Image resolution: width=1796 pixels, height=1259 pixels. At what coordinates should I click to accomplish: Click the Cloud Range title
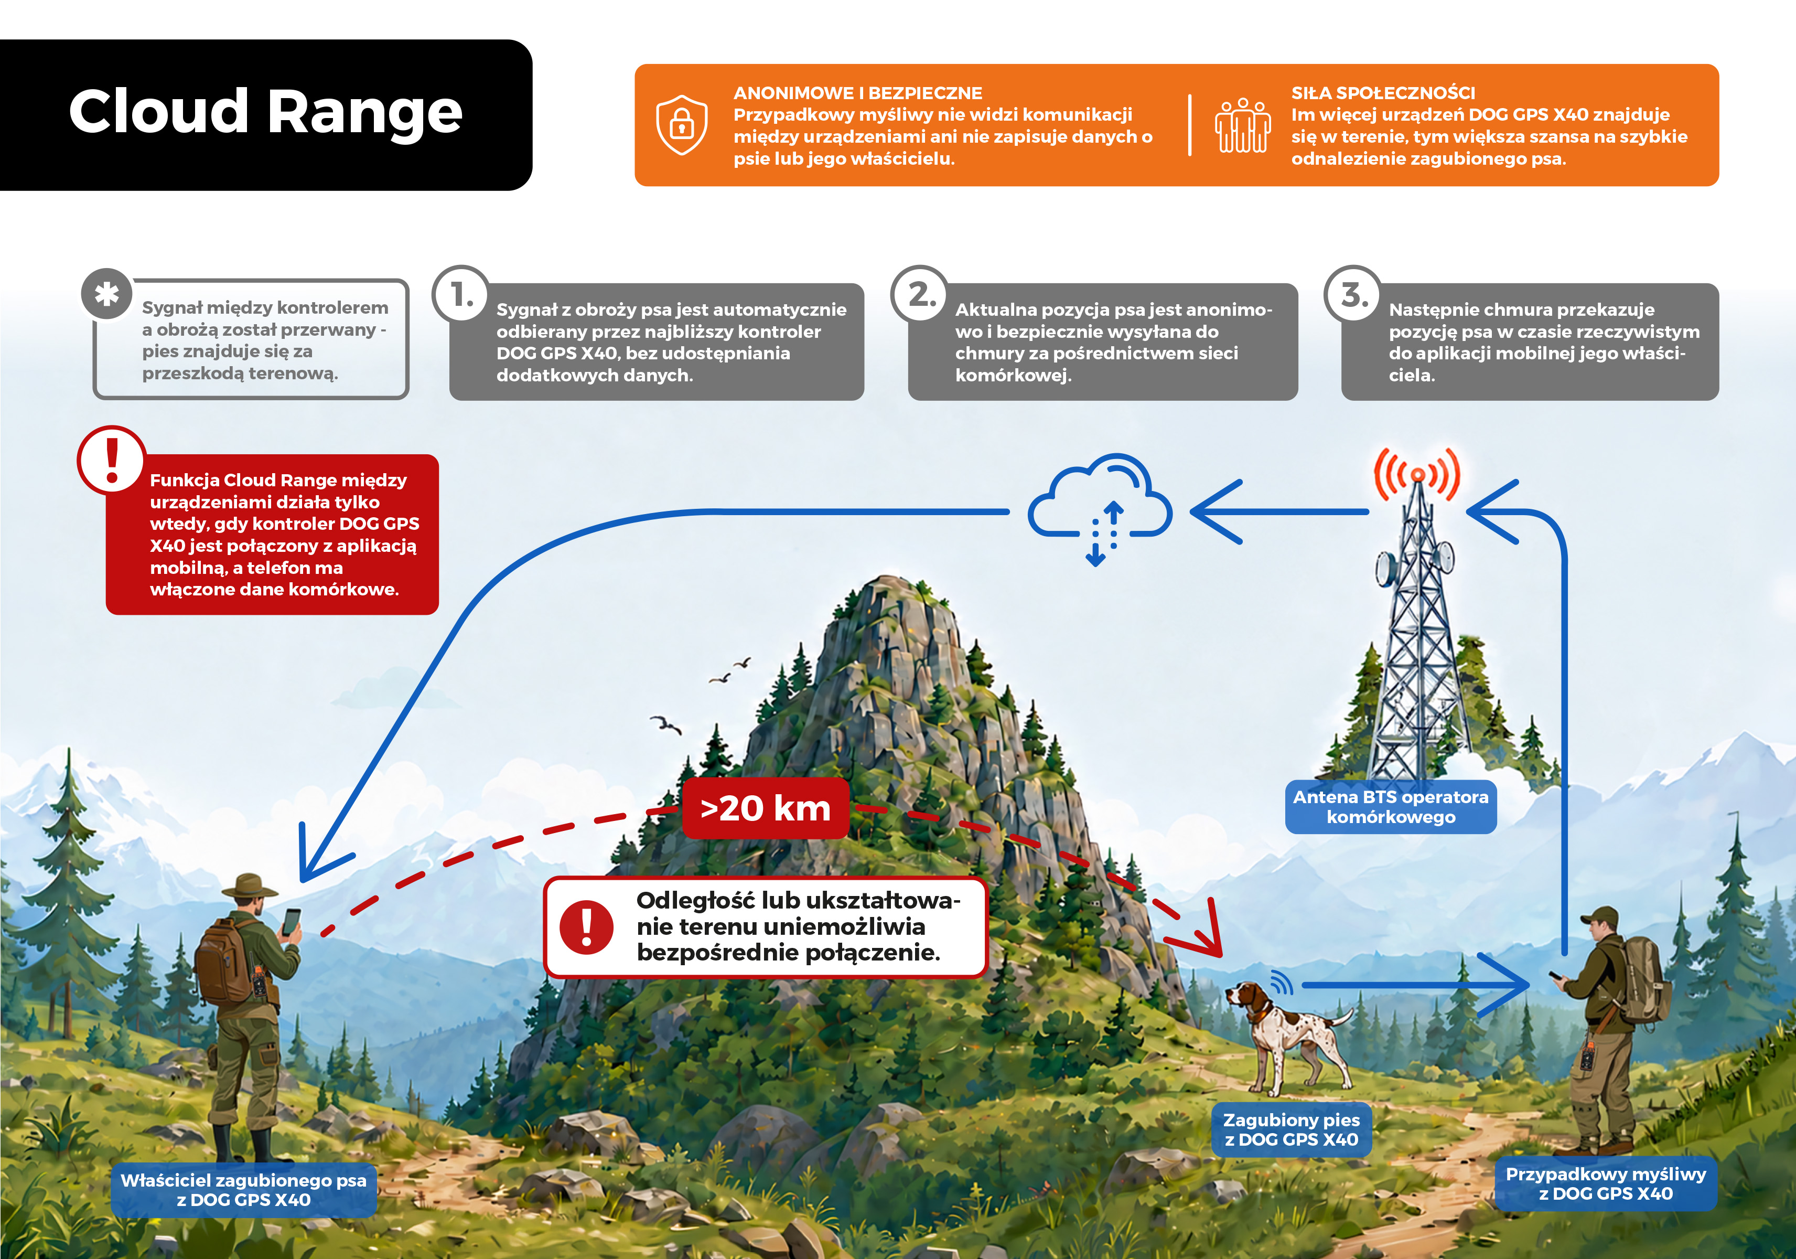click(265, 111)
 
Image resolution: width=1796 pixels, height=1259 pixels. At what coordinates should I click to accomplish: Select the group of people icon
click(1242, 125)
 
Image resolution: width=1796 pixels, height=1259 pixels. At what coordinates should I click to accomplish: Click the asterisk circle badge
click(106, 294)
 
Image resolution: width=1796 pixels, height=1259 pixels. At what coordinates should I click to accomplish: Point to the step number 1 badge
click(461, 294)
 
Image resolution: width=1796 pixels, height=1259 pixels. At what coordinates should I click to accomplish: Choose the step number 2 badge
click(919, 294)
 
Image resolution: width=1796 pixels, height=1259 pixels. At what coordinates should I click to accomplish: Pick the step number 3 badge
click(1352, 294)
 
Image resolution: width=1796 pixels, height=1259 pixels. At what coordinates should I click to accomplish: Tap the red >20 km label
click(765, 808)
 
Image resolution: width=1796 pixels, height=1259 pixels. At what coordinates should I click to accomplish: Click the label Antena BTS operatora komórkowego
click(1391, 807)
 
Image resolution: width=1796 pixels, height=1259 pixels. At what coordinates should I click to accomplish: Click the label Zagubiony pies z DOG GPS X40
click(1292, 1130)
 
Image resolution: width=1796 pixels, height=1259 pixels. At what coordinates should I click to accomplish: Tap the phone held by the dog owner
click(291, 922)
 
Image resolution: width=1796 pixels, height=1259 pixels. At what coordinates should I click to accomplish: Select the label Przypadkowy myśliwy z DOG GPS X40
click(1606, 1184)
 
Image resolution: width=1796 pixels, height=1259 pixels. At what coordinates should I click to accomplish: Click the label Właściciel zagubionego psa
click(243, 1180)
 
